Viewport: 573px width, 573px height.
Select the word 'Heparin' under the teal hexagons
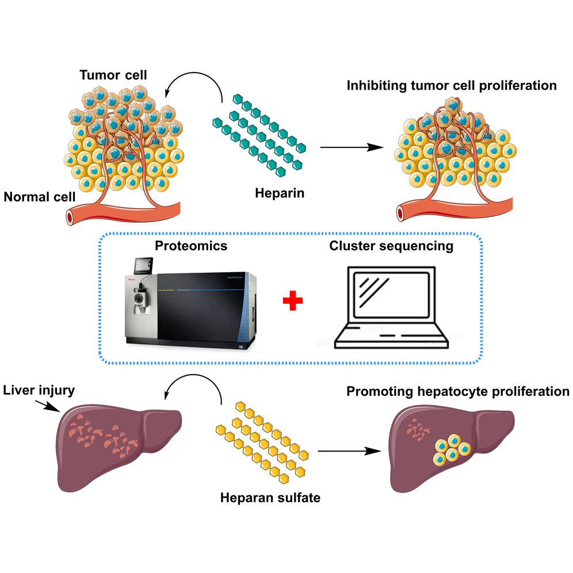point(280,193)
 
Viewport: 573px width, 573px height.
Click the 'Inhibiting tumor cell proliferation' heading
point(452,86)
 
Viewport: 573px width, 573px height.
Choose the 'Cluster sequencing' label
point(391,246)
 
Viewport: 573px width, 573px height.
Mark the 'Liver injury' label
point(39,392)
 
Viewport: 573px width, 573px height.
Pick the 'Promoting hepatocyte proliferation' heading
point(458,392)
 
